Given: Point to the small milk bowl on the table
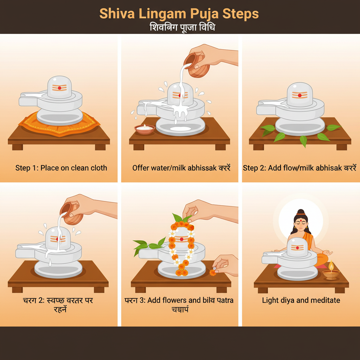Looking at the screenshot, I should tap(144, 129).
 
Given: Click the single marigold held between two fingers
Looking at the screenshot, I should tap(213, 272).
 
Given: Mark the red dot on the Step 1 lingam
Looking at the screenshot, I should tap(59, 88).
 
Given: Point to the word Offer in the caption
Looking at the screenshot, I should tap(140, 168).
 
